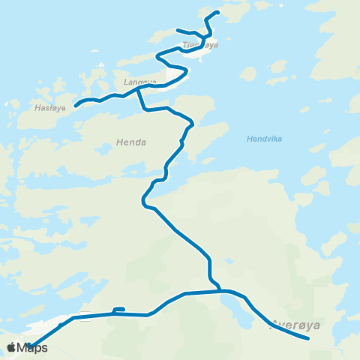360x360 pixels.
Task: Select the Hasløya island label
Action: (50, 108)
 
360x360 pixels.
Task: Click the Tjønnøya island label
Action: (199, 45)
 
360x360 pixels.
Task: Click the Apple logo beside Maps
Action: (11, 347)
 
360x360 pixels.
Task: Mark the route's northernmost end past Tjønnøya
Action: (217, 12)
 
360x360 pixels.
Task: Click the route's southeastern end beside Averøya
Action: (308, 338)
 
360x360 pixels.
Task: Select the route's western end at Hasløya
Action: (76, 105)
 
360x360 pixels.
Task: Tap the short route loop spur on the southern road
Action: (118, 309)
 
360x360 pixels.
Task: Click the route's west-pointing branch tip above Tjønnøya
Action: (178, 30)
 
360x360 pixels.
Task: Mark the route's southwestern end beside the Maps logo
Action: (28, 346)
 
